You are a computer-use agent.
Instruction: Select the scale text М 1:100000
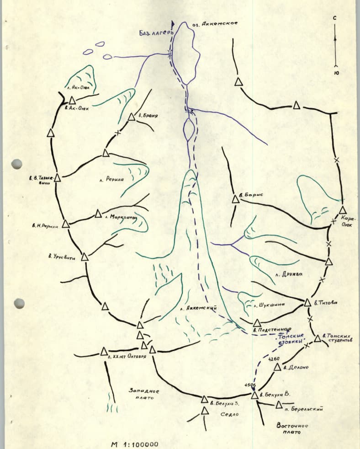[135, 444]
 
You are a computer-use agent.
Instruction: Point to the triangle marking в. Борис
[236, 199]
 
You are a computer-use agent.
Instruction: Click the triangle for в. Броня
[132, 117]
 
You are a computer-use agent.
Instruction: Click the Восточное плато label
[292, 430]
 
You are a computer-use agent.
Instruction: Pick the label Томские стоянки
[291, 338]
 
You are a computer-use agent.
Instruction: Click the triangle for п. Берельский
[279, 405]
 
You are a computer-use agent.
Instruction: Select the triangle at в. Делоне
[277, 367]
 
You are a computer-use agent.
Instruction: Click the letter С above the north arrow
[335, 17]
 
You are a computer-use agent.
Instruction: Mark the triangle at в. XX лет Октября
[104, 351]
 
